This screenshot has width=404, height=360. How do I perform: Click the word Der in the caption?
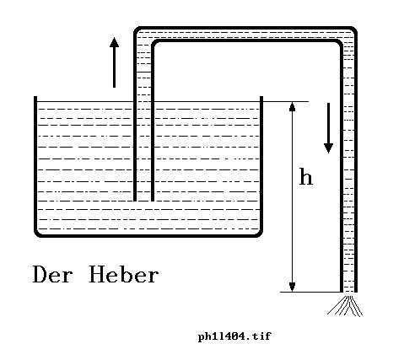click(52, 274)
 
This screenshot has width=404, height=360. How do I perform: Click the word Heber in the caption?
click(124, 274)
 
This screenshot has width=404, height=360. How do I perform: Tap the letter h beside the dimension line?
click(306, 176)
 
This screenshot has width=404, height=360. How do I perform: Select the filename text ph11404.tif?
click(234, 336)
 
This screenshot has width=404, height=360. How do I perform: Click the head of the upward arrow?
click(114, 42)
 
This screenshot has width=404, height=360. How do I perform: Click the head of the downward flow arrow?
click(328, 148)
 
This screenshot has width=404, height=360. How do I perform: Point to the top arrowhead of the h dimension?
click(293, 107)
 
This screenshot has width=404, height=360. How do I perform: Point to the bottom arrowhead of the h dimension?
click(293, 287)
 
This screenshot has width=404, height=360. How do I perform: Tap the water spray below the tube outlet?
click(346, 305)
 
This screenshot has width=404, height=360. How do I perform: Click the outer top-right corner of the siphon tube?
click(355, 29)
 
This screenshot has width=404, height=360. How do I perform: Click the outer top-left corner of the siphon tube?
click(137, 29)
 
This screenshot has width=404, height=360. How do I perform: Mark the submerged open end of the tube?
click(143, 201)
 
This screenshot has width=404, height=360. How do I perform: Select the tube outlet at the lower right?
click(348, 292)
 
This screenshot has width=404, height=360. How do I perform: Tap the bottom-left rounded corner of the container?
click(37, 234)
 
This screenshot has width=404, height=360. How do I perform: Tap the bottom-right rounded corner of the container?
click(259, 234)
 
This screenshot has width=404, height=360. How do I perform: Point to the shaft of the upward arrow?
click(114, 67)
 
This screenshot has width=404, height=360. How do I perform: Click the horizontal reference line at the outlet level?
click(310, 292)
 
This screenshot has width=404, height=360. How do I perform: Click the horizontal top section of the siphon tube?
click(245, 35)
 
